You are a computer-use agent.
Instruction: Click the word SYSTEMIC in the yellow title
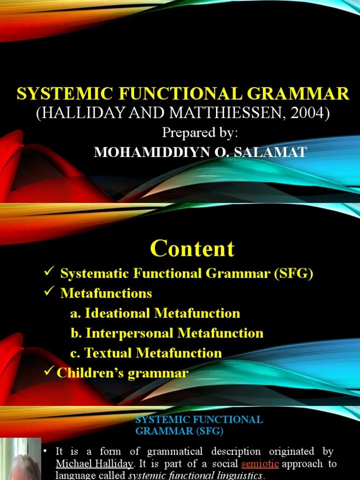click(60, 94)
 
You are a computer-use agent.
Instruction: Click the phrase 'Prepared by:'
click(200, 133)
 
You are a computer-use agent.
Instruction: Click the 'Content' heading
click(193, 248)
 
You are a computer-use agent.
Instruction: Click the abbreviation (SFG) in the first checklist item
click(293, 273)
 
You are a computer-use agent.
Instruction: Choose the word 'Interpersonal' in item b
click(130, 333)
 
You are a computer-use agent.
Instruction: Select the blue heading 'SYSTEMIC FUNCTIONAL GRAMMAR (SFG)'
click(199, 424)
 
